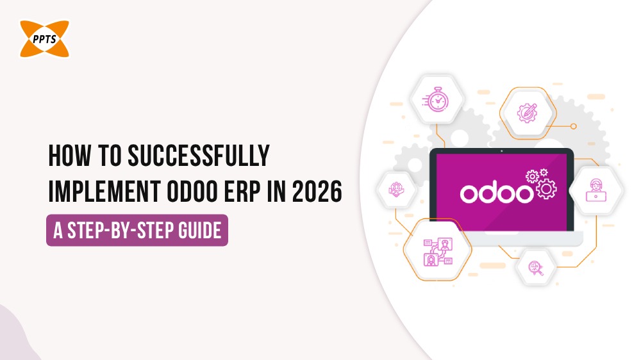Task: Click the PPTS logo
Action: [x=44, y=38]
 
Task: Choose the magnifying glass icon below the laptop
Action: [x=535, y=267]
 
